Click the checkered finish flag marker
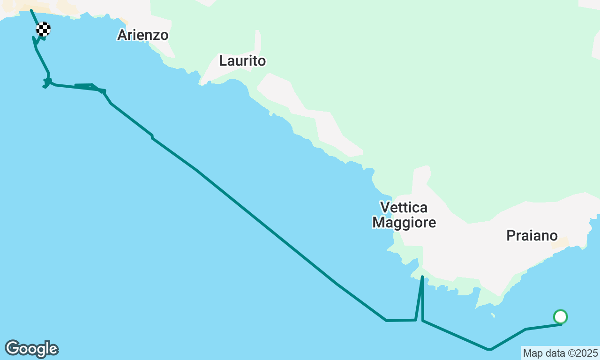click(43, 29)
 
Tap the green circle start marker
click(561, 317)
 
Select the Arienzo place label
click(142, 35)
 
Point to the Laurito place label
click(242, 61)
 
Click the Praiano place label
click(532, 235)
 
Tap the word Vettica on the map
click(404, 207)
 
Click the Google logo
click(31, 349)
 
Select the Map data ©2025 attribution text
click(560, 352)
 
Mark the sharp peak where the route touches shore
click(422, 277)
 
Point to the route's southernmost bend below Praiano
click(489, 349)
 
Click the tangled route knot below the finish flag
click(47, 82)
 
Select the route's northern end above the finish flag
click(31, 10)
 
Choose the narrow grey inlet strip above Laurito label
click(258, 42)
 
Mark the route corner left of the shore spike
click(386, 321)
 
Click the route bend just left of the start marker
click(526, 329)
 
